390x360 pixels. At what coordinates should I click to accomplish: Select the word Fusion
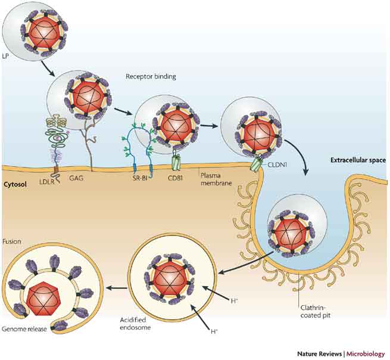(x=11, y=225)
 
